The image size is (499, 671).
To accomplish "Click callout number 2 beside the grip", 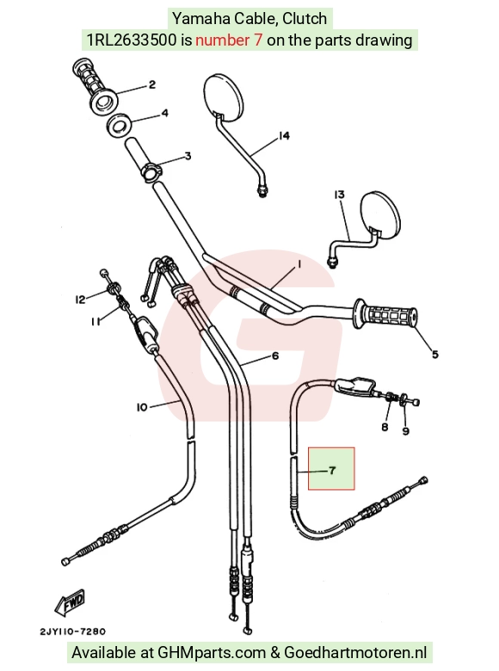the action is click(152, 84).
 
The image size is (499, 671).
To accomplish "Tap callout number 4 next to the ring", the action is click(164, 114).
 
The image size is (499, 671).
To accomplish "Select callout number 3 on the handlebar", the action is click(188, 157).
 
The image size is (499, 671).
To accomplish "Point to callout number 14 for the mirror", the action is click(284, 136).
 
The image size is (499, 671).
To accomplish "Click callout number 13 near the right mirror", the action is click(339, 194).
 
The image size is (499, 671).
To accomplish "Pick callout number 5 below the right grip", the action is click(434, 354).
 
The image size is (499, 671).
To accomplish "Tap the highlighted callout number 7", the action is click(333, 471).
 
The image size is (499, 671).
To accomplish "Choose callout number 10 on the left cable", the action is click(142, 408).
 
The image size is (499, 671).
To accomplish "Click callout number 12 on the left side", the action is click(81, 299).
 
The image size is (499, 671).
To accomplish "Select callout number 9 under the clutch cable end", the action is click(406, 431).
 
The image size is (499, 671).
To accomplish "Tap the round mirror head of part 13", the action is click(381, 214).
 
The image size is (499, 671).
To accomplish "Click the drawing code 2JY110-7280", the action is click(73, 631).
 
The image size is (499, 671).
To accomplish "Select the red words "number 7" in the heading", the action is click(229, 40).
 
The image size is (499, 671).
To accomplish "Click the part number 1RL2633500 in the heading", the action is click(132, 40).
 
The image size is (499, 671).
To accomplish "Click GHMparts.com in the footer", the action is click(212, 653).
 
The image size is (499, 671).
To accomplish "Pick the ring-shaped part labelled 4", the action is click(120, 126).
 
